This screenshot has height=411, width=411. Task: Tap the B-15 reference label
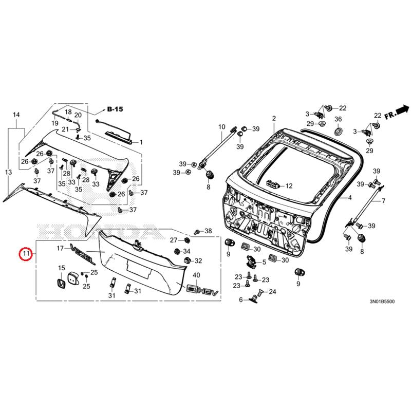115,109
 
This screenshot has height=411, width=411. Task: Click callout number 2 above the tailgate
274,118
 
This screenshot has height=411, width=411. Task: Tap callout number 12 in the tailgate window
288,186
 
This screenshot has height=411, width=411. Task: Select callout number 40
196,275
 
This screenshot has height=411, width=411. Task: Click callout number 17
60,248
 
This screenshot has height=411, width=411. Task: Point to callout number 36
338,120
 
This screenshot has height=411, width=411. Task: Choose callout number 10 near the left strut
222,126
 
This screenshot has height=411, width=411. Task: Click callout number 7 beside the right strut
383,201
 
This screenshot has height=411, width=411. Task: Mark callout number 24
272,292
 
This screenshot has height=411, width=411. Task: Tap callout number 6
240,300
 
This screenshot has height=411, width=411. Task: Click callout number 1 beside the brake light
141,142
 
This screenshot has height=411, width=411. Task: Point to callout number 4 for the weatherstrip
350,198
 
